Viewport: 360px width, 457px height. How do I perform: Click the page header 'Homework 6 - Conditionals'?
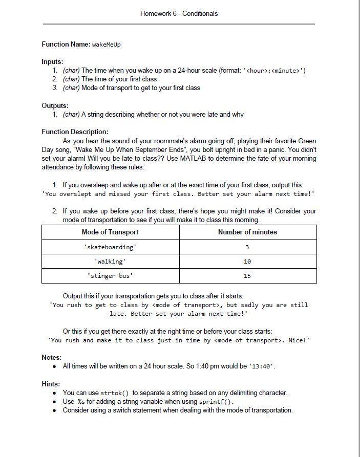(x=179, y=14)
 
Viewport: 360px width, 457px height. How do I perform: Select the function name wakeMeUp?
(x=107, y=45)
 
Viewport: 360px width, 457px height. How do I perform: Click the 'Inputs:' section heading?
(x=52, y=61)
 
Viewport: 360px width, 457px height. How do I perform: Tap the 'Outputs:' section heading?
(x=55, y=105)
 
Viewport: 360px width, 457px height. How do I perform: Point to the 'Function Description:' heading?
(x=75, y=132)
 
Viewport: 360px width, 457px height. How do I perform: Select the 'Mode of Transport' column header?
(x=110, y=232)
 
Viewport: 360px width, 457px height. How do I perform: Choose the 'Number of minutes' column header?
(x=247, y=232)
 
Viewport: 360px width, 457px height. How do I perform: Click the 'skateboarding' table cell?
(x=110, y=247)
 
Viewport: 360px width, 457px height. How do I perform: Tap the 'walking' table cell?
(x=110, y=261)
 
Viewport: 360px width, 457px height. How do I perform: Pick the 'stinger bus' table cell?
(x=110, y=275)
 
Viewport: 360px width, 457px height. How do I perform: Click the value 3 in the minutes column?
(x=247, y=247)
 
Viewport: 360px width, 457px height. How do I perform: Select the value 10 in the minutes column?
(x=247, y=261)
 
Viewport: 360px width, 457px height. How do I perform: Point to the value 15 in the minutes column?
(x=247, y=275)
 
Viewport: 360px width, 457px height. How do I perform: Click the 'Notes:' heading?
(x=52, y=357)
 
